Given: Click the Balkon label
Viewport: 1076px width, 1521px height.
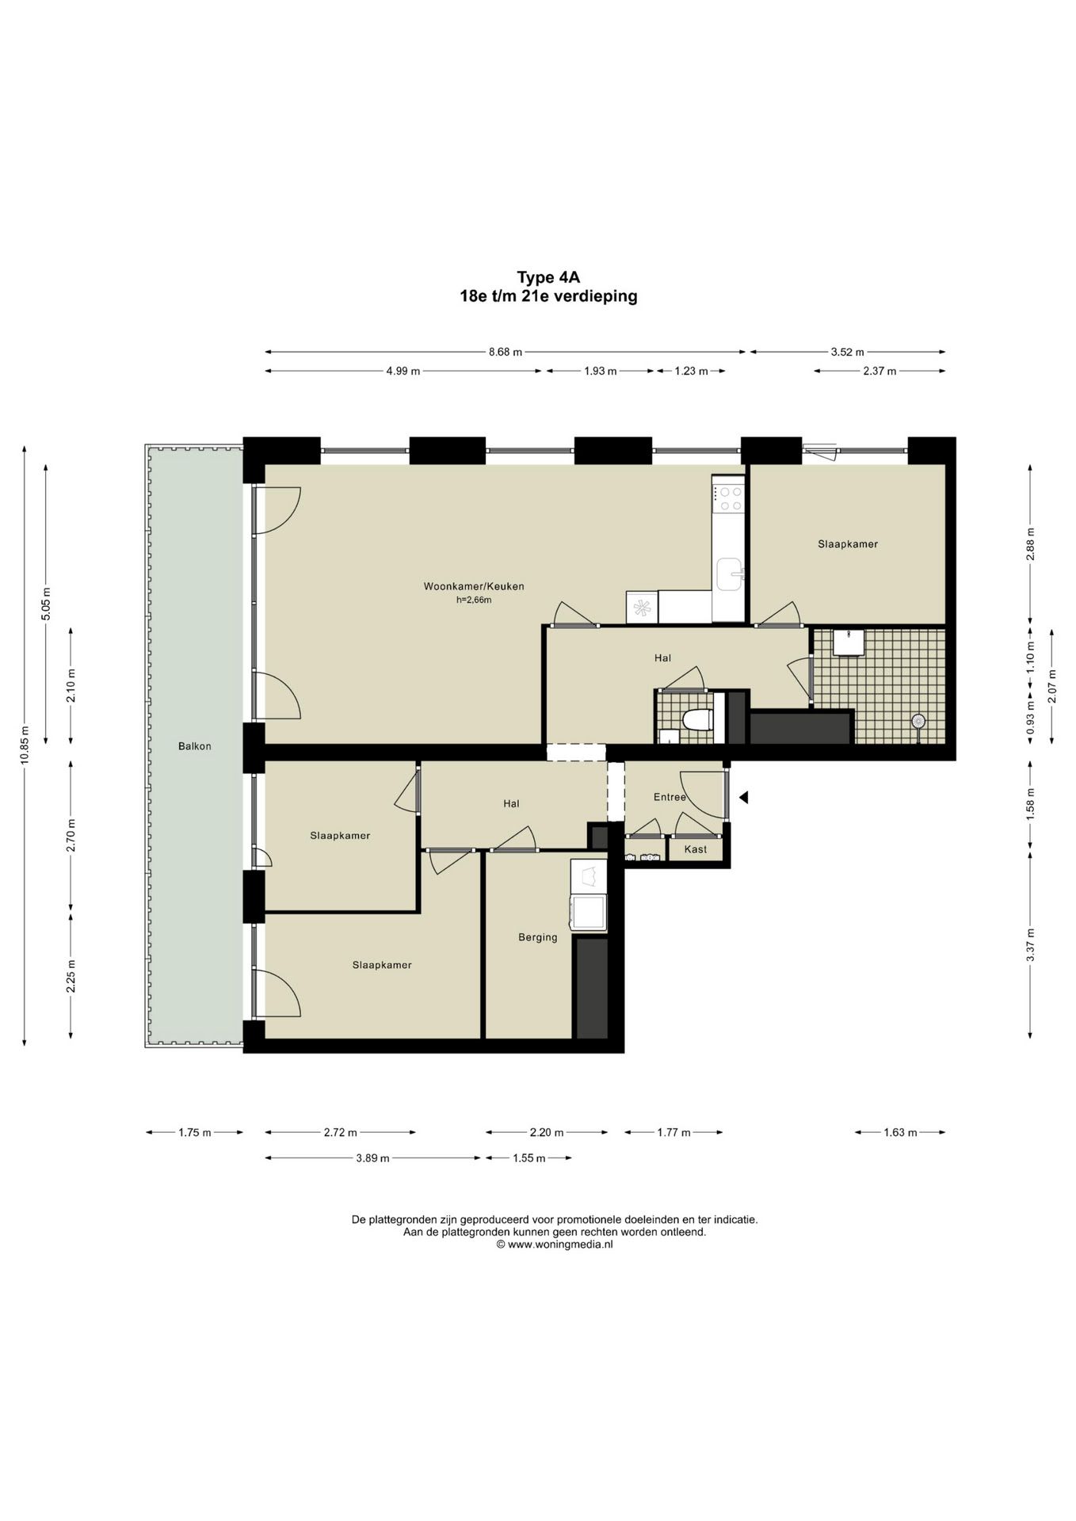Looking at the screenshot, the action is tap(195, 746).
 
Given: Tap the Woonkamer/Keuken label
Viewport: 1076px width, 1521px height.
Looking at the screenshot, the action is tap(474, 587).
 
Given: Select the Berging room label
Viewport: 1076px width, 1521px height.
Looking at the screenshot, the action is tap(538, 938).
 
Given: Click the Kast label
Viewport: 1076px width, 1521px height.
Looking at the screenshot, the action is tap(696, 849).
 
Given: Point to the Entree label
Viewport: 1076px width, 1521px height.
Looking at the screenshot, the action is tap(670, 797).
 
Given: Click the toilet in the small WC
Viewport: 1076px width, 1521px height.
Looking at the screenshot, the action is tap(698, 720).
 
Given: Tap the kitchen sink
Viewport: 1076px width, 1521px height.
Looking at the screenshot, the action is tap(729, 574).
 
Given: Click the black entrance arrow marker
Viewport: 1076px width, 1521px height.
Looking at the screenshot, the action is tap(743, 799).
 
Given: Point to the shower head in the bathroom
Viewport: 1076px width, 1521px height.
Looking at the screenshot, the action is tap(918, 721).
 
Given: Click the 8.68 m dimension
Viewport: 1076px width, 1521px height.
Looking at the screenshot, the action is tap(506, 352).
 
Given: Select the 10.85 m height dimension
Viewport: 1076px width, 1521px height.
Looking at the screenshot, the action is tap(25, 745).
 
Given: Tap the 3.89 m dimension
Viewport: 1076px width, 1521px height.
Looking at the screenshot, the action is tap(372, 1158).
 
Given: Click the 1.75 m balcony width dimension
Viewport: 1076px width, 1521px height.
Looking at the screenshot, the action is tap(195, 1133).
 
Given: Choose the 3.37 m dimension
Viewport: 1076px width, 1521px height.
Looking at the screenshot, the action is tap(1031, 945).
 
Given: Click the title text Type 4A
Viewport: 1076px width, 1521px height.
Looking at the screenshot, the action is tap(549, 277).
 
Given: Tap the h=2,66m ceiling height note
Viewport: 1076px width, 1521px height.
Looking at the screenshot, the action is tap(474, 600).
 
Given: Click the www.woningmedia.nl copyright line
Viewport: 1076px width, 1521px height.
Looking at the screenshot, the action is tap(555, 1245).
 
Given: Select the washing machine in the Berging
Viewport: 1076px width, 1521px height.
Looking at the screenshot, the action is tap(589, 913).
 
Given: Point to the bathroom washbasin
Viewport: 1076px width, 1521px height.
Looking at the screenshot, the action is tap(848, 642).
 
